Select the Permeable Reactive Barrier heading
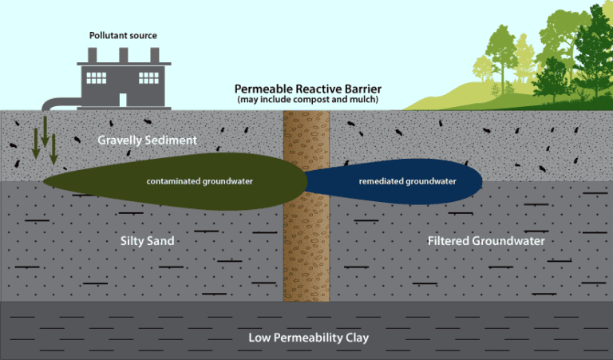click(x=306, y=89)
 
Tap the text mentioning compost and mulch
click(x=306, y=100)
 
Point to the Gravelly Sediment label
click(x=147, y=140)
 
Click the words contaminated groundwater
click(x=200, y=181)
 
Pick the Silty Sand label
click(x=148, y=239)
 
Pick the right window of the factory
click(x=148, y=78)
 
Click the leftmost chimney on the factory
click(x=93, y=54)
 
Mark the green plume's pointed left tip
click(x=45, y=180)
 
